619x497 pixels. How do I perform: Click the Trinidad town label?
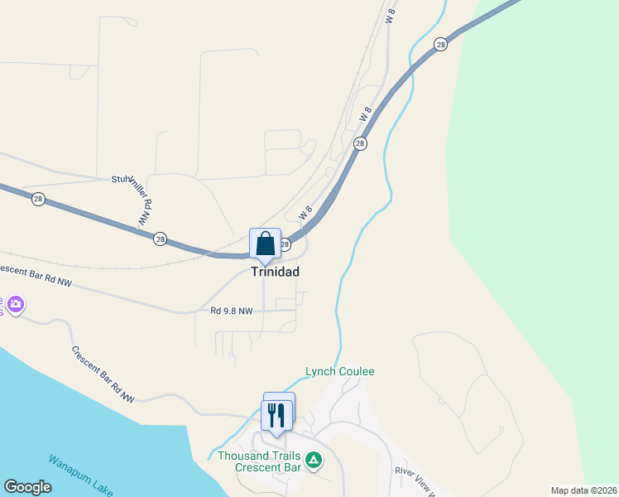click(275, 272)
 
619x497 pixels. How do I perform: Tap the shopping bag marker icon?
click(265, 244)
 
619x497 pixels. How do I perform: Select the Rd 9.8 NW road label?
click(232, 311)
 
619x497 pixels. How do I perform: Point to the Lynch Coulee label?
click(339, 372)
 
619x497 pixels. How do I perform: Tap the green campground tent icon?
click(314, 460)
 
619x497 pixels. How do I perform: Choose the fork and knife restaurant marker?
click(276, 414)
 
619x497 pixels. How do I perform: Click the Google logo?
click(27, 487)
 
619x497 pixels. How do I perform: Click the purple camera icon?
click(14, 306)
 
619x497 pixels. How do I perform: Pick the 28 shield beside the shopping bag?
click(286, 244)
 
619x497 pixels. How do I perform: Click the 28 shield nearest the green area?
click(441, 44)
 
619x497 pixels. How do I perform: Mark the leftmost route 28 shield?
click(38, 199)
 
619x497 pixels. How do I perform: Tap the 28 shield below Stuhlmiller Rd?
click(160, 239)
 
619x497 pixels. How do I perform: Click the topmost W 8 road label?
click(391, 15)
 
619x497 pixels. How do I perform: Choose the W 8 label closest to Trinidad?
click(305, 213)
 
